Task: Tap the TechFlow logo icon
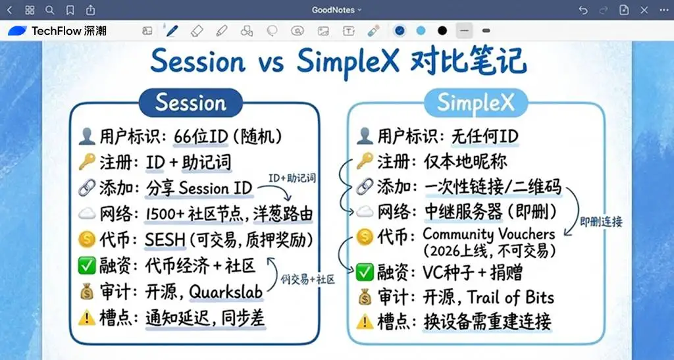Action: [x=18, y=31]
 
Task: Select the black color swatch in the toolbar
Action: [x=442, y=31]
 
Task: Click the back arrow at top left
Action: [x=9, y=10]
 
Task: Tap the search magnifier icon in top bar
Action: [x=50, y=10]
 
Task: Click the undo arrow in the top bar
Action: [x=583, y=10]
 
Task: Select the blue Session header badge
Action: [x=190, y=103]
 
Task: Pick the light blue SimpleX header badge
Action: [x=473, y=103]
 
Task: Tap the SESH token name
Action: [x=167, y=240]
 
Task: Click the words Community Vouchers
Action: [x=488, y=234]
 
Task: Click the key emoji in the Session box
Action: [x=88, y=162]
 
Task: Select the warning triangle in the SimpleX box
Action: [x=364, y=322]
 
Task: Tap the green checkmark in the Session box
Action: [x=88, y=267]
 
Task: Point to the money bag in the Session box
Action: [x=88, y=292]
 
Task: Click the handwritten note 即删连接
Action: [x=600, y=222]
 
